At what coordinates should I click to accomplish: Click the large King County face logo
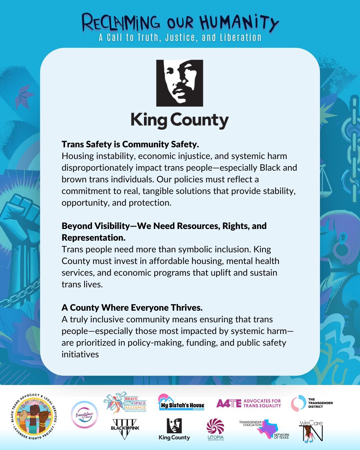[180, 83]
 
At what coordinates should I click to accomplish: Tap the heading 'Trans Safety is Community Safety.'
[130, 144]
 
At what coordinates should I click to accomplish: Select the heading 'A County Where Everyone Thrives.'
[132, 307]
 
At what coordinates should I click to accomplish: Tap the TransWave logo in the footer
[85, 415]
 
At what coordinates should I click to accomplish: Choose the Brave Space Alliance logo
[125, 403]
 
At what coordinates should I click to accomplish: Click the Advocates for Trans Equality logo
[249, 403]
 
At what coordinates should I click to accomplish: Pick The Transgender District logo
[312, 403]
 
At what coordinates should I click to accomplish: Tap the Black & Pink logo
[125, 429]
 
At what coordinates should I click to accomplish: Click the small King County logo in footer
[174, 429]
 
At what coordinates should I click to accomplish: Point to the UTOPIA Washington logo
[215, 429]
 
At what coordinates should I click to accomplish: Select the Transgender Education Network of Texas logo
[264, 429]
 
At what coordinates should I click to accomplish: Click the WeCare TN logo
[311, 431]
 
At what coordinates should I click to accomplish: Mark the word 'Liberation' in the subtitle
[241, 38]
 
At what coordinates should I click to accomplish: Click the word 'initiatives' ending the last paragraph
[80, 354]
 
